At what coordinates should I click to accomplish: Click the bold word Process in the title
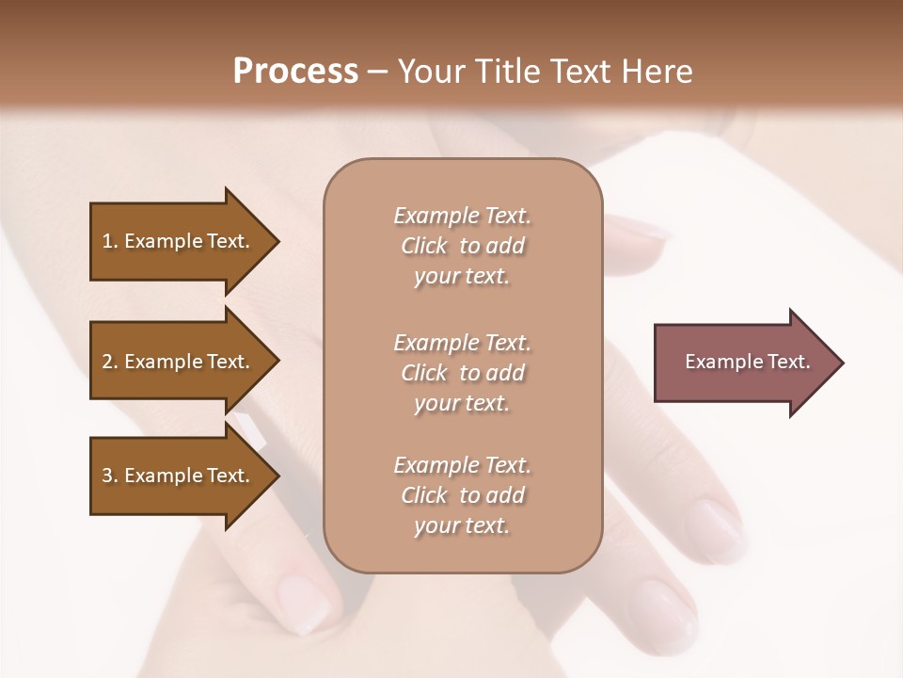pos(295,72)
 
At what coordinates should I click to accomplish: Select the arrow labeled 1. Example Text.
pos(179,241)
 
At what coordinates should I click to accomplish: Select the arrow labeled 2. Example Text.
pos(179,362)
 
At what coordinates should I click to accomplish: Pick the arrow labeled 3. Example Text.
pos(179,476)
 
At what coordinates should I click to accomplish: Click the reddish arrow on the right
pos(743,362)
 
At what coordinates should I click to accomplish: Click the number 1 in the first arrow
pos(107,241)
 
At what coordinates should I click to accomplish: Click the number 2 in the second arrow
pos(107,362)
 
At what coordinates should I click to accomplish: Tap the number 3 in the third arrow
pos(107,476)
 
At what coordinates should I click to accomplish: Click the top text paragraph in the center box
pos(462,246)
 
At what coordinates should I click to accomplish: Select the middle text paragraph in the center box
pos(462,373)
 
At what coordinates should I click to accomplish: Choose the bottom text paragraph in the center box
pos(462,495)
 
